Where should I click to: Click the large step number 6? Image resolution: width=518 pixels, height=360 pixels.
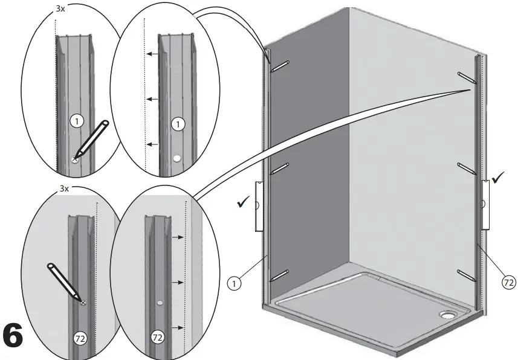[22, 336]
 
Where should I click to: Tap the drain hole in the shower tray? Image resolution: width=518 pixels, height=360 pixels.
[448, 315]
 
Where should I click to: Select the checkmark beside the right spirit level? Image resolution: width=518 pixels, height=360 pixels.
[499, 178]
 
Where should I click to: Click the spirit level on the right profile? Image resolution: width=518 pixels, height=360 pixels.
[485, 204]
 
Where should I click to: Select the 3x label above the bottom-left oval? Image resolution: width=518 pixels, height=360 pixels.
[65, 188]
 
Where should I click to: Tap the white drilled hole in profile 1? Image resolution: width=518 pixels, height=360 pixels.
[176, 158]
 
